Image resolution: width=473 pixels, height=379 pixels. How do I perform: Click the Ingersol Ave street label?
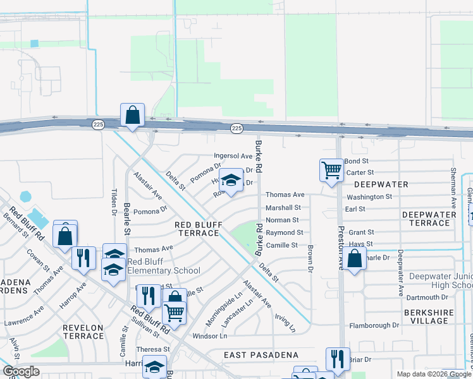tap(233, 155)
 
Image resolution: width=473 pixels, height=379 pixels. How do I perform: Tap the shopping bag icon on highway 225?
tap(132, 116)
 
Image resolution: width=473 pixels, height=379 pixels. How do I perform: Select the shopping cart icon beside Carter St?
tap(331, 170)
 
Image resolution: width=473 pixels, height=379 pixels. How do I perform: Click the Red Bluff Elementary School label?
tap(164, 267)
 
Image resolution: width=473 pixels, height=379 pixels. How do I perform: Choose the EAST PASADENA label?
tap(261, 356)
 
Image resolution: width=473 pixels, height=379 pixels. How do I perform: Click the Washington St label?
tap(369, 197)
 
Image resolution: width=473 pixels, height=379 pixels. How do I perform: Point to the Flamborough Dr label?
tap(374, 326)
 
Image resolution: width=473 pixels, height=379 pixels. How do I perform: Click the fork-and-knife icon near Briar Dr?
tap(338, 359)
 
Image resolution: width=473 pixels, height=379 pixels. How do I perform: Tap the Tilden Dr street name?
tap(114, 202)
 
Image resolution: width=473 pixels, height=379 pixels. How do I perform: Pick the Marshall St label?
tap(283, 207)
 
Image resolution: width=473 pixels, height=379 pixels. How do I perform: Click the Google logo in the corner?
tap(20, 371)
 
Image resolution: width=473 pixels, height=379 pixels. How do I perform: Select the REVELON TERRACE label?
tap(83, 332)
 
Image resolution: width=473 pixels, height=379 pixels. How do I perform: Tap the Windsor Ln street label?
tap(210, 336)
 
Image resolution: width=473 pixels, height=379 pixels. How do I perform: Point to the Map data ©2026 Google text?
tap(434, 374)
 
